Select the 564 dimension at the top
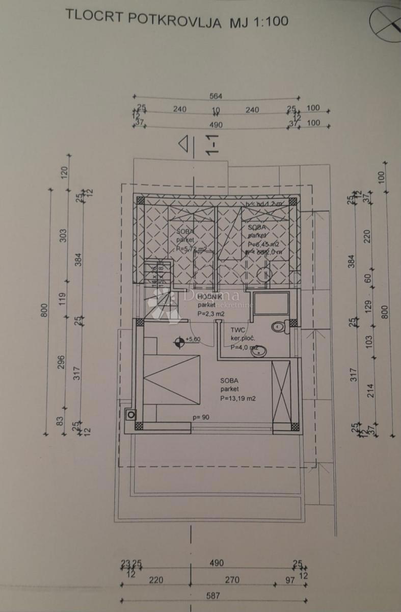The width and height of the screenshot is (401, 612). (x=216, y=96)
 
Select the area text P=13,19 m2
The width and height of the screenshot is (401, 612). (x=237, y=399)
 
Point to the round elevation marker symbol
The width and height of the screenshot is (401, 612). (x=179, y=343)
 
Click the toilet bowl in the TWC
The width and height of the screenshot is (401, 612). (x=279, y=326)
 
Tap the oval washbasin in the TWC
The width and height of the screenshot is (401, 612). (x=259, y=349)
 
